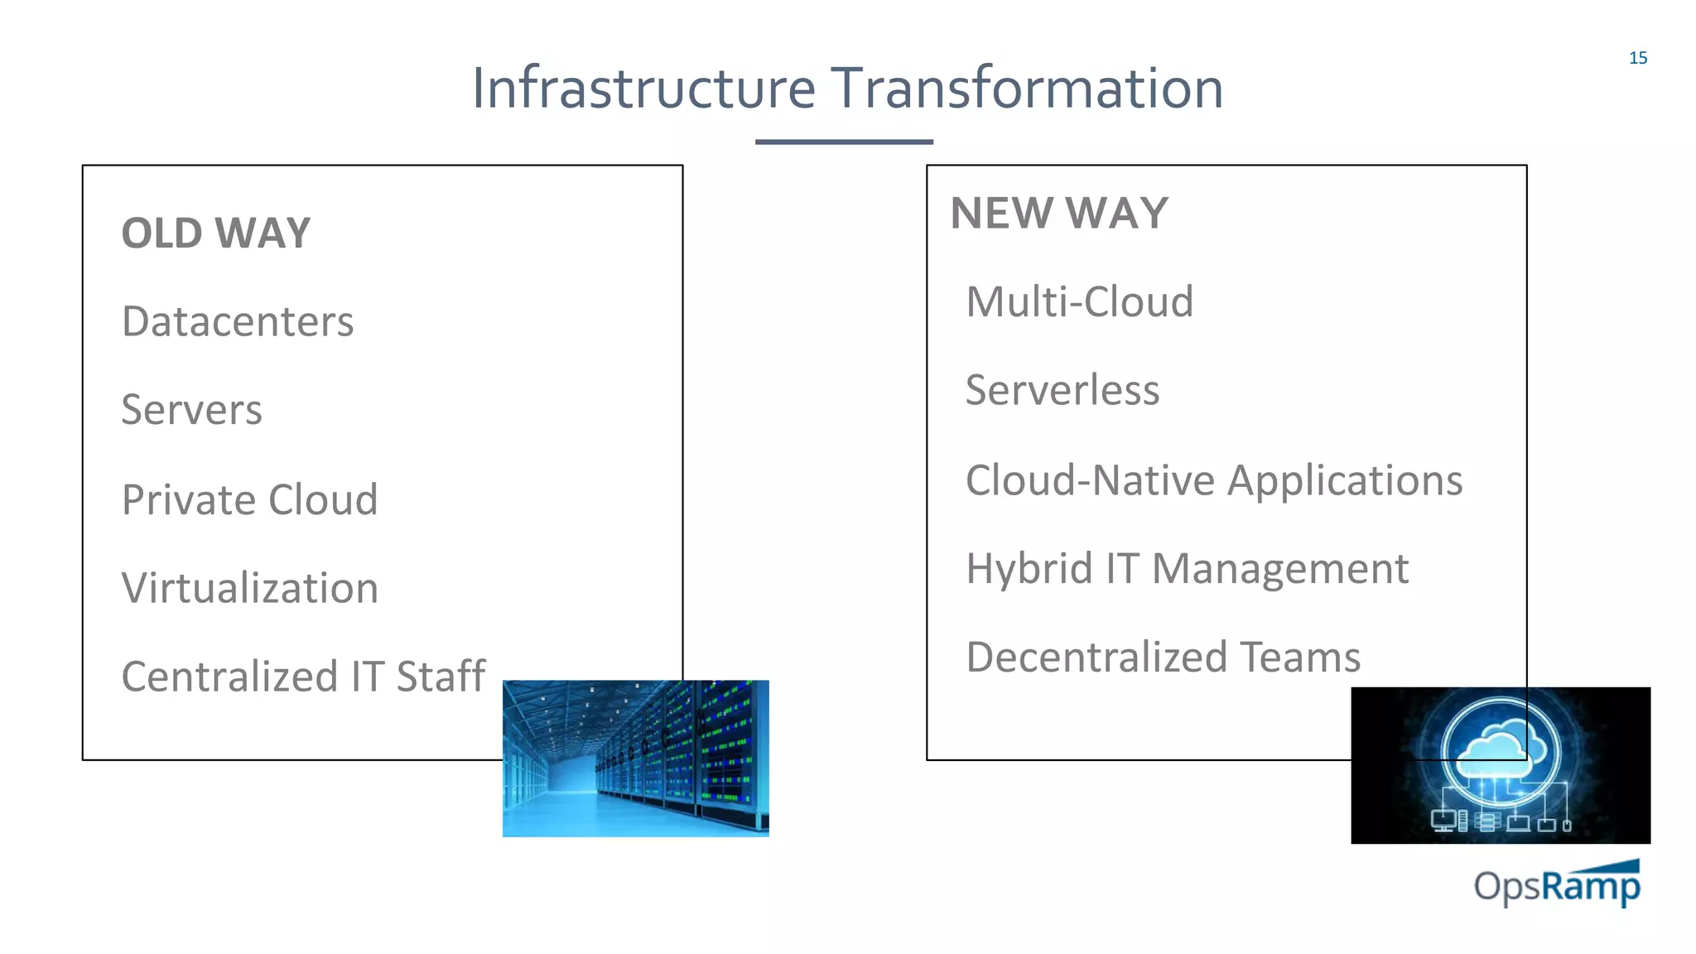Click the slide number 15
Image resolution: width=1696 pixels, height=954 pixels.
1637,58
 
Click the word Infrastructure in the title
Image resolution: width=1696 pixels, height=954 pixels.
643,88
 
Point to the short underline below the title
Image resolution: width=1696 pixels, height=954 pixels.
844,142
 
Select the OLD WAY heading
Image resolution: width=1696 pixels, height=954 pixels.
216,234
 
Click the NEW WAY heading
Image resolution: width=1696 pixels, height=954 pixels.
1059,214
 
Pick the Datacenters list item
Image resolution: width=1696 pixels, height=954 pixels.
238,321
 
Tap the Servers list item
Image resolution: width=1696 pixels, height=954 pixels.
192,410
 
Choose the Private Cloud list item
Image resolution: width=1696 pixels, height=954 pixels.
249,499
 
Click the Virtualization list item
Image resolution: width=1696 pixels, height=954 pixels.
250,588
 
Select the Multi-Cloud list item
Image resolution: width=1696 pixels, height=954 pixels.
1080,301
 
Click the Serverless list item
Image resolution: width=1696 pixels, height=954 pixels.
1062,390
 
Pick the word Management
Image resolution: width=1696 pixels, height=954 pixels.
1280,570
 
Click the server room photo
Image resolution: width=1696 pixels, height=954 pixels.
635,759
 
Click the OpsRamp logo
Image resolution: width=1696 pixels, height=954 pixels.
1557,884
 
